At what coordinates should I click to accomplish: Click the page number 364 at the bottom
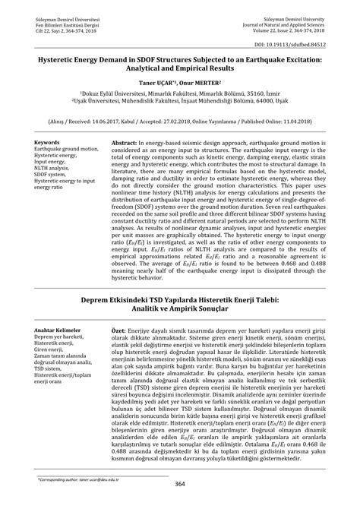[180, 484]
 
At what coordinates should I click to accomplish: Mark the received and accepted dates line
[180, 119]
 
